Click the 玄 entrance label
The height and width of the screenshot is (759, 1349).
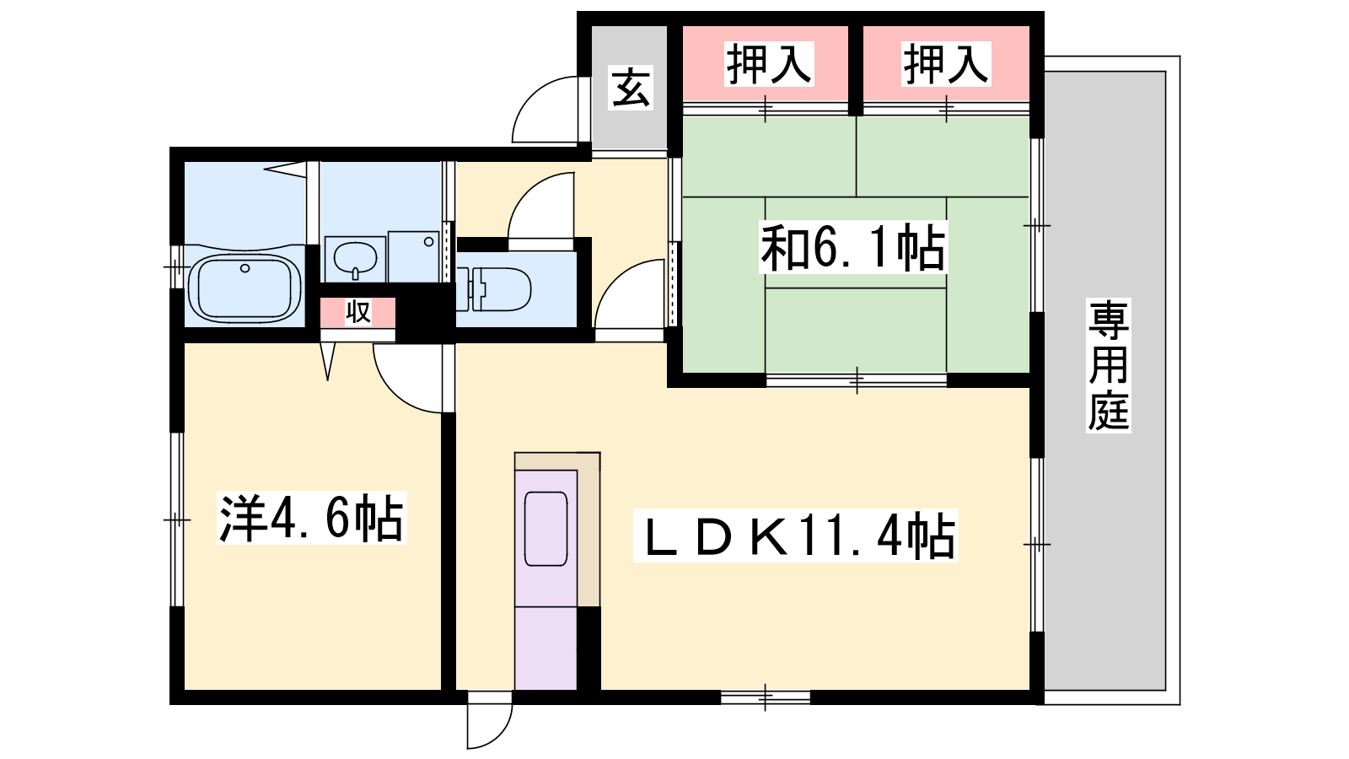631,88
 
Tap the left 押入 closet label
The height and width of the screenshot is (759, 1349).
768,64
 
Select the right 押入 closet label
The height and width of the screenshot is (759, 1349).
946,64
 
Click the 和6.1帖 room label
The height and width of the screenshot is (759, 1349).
852,246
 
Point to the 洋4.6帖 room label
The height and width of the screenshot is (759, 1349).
311,518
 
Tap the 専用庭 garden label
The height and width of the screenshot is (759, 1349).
1108,365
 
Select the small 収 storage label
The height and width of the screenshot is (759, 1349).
357,312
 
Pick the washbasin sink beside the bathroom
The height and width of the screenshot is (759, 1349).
355,258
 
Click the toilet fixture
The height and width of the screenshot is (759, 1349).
493,290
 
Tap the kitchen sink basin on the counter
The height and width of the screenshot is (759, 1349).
546,529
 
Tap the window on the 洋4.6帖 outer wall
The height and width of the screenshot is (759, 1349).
177,519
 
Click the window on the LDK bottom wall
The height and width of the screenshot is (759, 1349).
766,697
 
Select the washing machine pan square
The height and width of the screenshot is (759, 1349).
414,256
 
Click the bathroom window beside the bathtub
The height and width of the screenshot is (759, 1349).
177,266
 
